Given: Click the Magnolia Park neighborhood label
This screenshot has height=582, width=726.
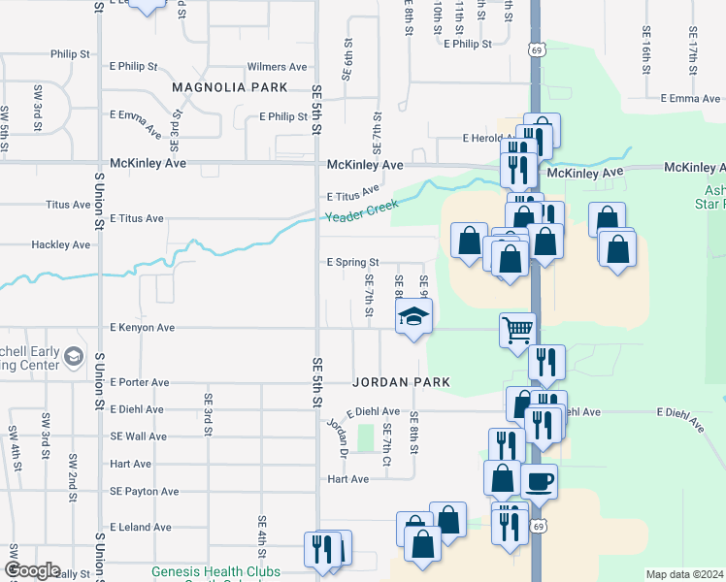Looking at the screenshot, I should (x=229, y=87).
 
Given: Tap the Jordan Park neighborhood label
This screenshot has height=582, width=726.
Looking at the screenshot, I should (x=401, y=382).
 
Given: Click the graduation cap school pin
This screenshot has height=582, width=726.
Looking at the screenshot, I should (x=413, y=316).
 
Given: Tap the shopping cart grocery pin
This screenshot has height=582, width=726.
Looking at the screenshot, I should (x=517, y=329).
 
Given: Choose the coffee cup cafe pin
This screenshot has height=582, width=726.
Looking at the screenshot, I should (x=539, y=480).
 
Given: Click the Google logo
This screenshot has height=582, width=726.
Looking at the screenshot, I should (x=32, y=570).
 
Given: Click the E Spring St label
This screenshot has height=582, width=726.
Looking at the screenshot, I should (x=351, y=262).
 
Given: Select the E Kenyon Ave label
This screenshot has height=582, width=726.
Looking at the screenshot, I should (x=142, y=328).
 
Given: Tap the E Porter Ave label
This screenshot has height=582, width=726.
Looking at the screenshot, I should (x=140, y=382).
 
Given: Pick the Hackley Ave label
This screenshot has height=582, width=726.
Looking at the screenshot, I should (x=60, y=245).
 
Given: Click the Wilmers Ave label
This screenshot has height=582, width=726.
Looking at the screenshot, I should (x=278, y=67).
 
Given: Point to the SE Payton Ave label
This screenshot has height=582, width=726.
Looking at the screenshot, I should (x=145, y=492).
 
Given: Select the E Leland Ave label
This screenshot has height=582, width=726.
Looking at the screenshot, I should (x=141, y=528).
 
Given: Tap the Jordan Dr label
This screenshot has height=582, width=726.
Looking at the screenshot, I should (x=338, y=436).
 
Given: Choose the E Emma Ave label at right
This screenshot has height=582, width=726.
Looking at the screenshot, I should (x=690, y=98).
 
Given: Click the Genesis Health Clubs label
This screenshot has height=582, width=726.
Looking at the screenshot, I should (x=215, y=572).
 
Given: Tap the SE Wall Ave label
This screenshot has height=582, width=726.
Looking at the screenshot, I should (x=139, y=436).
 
